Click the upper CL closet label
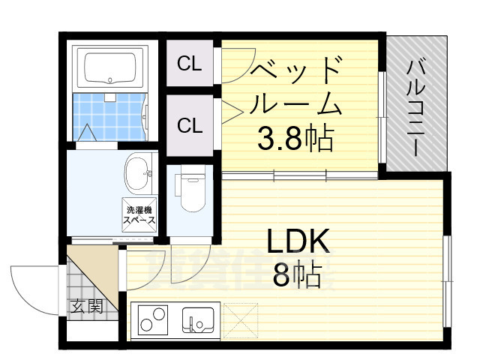[x=190, y=65]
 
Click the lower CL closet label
[x=190, y=124]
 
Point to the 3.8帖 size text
[x=295, y=138]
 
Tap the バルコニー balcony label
[x=416, y=105]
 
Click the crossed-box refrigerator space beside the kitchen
[x=239, y=319]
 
